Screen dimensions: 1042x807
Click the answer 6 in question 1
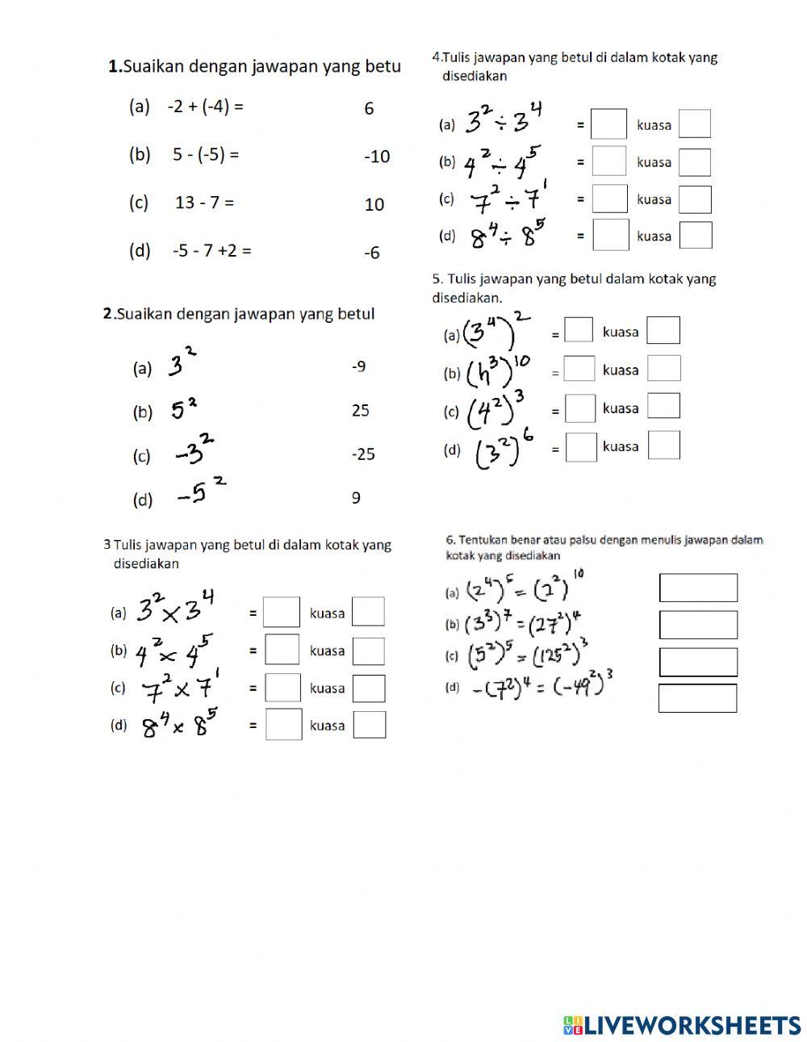coord(369,109)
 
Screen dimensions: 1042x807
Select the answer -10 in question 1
coord(376,157)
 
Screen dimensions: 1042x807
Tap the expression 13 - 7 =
coord(204,203)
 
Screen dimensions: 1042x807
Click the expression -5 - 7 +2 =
coord(211,250)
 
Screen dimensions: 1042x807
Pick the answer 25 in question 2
coord(360,410)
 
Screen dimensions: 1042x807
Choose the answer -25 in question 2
coord(363,454)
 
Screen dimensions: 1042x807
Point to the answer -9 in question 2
coord(359,366)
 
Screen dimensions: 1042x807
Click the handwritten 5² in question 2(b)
coord(184,409)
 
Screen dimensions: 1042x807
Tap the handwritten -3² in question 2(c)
coord(195,452)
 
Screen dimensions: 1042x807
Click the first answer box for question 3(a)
coord(282,613)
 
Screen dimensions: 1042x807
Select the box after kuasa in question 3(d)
coord(370,725)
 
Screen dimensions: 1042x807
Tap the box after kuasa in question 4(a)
coord(695,124)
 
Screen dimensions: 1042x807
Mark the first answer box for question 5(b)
coord(579,369)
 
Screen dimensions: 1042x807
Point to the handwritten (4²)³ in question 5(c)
coord(497,410)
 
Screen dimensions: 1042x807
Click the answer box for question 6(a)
coord(698,588)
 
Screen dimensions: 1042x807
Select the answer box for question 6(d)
coord(697,698)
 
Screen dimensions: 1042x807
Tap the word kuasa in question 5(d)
coord(621,446)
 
